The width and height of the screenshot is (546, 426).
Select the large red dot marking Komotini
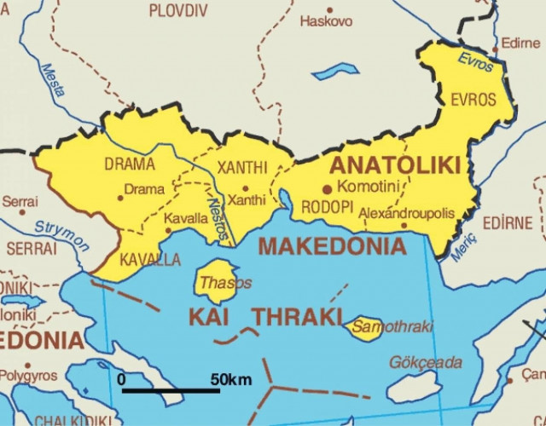click(x=327, y=188)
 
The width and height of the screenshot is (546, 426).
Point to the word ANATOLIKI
click(x=395, y=164)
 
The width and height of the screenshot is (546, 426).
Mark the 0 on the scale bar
click(x=122, y=378)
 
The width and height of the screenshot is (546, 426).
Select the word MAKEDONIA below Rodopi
click(x=333, y=247)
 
